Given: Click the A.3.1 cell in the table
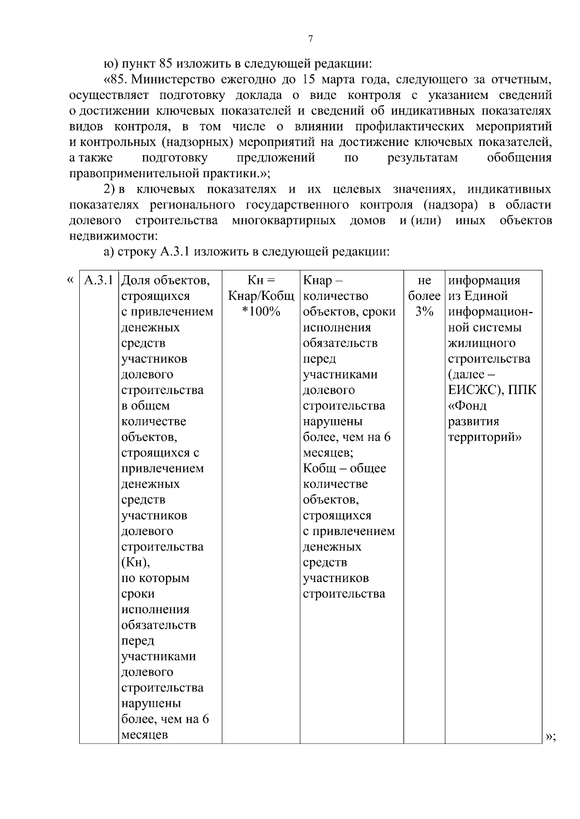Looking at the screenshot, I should pos(99,281).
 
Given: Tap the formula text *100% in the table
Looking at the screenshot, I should pos(261,312).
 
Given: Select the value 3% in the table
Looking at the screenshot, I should pos(424,312).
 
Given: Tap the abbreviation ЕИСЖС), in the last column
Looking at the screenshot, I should pos(476,390).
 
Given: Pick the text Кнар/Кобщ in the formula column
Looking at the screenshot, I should pos(261,296).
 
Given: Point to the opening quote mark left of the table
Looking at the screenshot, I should pos(71,281).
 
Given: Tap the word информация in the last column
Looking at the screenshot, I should pos(484,281).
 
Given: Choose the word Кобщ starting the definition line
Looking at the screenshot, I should pos(320,468).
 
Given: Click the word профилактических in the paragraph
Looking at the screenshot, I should pos(409,127).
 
